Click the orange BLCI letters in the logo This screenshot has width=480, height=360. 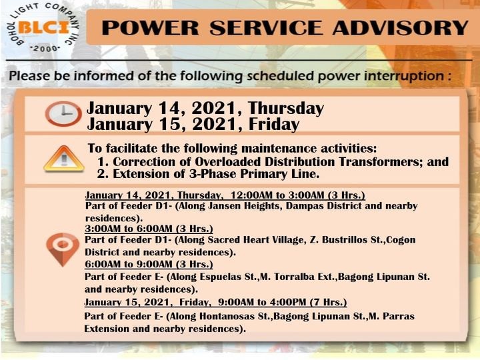click(43, 28)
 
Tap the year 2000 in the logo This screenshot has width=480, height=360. click(45, 49)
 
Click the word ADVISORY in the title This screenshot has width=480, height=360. click(401, 28)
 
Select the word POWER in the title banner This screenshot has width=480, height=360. click(150, 28)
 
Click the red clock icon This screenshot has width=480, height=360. click(63, 113)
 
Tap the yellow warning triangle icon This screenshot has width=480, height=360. click(64, 159)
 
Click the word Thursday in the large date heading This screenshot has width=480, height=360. click(285, 109)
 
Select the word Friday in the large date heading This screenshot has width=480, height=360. click(274, 124)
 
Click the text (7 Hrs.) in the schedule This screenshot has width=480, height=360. click(329, 302)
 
